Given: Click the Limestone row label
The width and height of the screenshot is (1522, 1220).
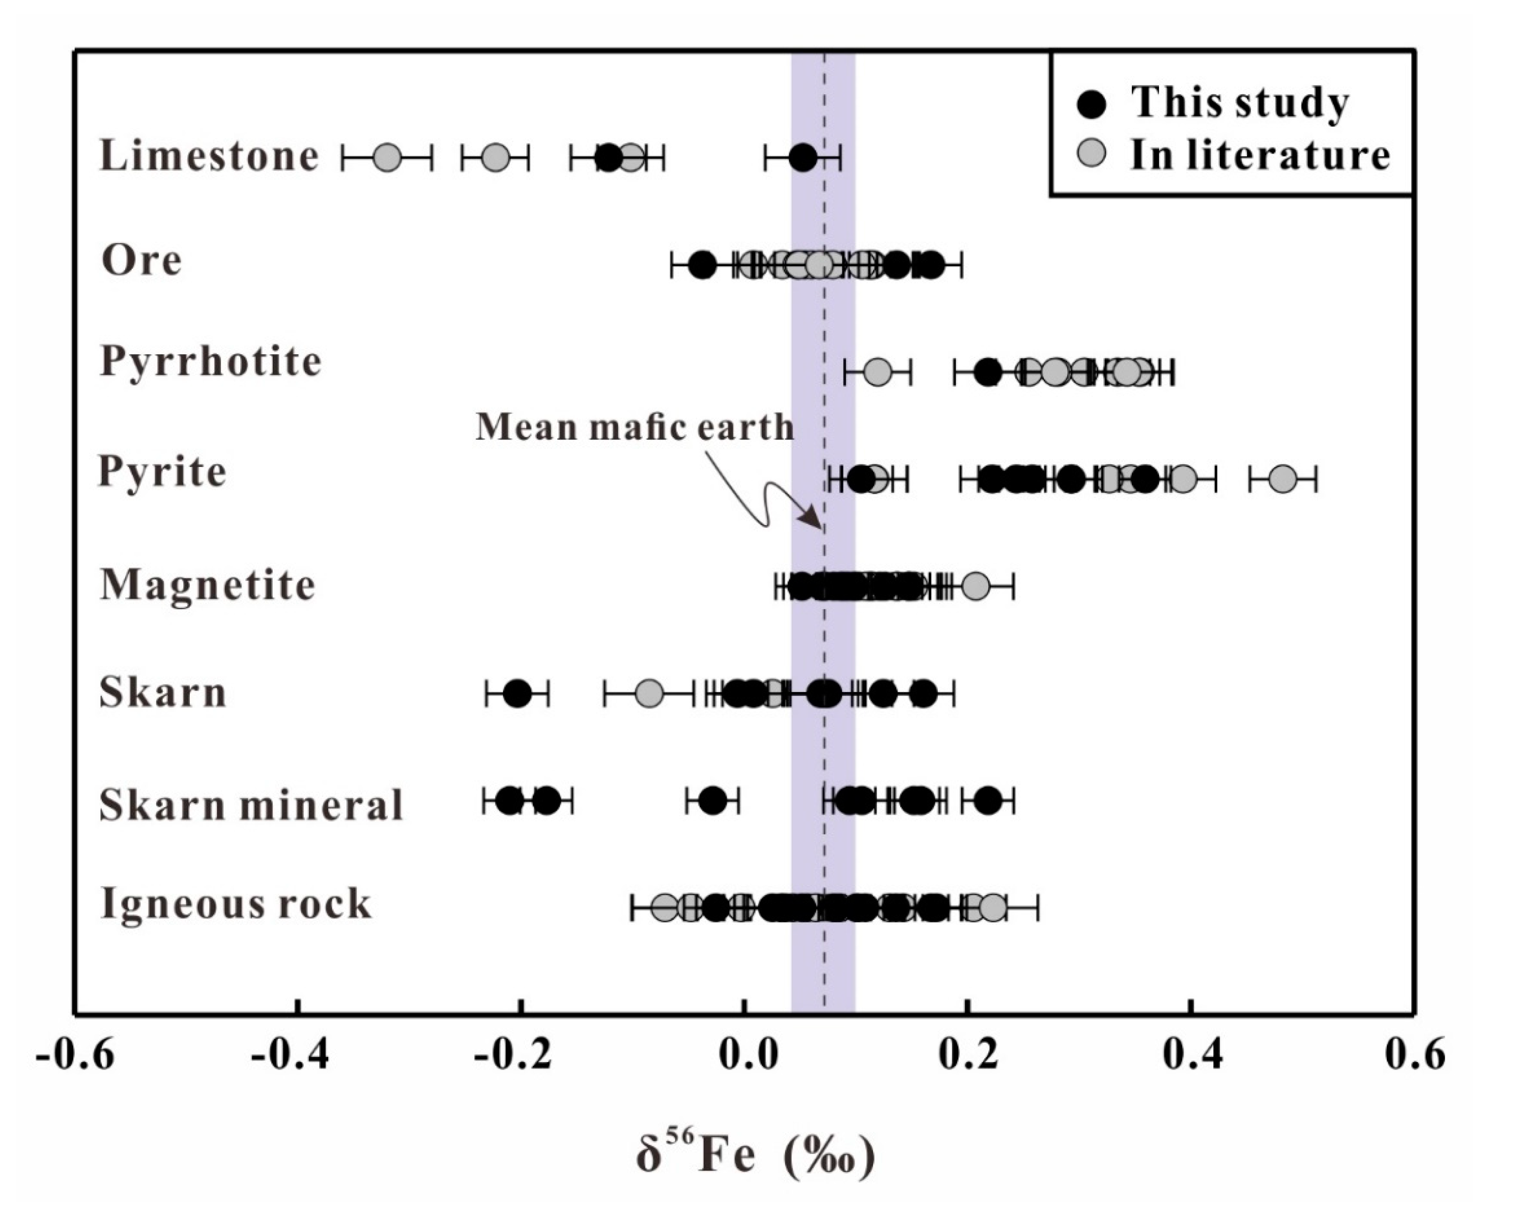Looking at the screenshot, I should coord(209,156).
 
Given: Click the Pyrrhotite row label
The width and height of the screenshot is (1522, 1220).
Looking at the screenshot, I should coord(210,362).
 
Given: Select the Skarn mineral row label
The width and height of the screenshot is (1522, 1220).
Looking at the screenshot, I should coord(251,805).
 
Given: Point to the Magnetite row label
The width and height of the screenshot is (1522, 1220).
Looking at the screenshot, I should coord(207,585).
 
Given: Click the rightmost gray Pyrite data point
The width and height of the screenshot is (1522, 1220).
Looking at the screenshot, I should coord(1283,479).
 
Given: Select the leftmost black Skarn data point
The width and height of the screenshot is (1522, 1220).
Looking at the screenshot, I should coord(518,693).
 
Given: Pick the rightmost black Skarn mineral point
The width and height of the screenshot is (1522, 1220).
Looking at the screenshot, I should coord(988,800).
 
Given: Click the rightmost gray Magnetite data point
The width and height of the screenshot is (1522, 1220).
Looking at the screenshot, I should coord(976,586).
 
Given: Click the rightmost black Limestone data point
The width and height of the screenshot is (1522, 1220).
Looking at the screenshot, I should coord(803,157).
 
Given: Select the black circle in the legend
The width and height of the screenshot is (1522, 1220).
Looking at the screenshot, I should coord(1092,104).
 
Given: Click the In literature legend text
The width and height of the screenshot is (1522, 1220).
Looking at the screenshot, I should coord(1260,155).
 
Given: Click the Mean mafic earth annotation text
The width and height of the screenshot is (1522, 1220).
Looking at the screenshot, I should coord(634,428).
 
